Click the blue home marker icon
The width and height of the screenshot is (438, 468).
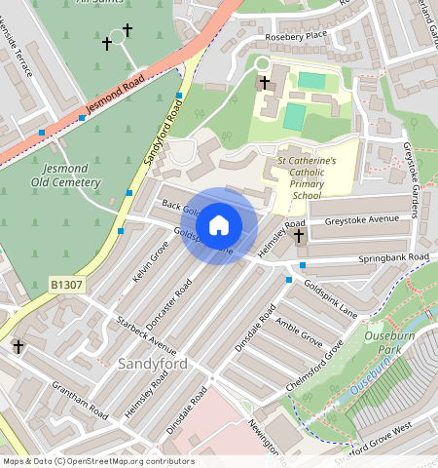(219, 225)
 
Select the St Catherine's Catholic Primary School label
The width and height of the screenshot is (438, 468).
(307, 176)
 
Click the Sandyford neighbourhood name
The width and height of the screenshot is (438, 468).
(152, 363)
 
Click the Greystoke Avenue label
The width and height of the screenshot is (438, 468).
(362, 220)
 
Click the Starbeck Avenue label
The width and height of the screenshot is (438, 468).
(146, 333)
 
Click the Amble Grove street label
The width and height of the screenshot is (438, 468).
(299, 331)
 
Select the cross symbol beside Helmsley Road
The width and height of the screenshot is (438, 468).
(299, 235)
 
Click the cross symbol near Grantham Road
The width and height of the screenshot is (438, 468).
(18, 346)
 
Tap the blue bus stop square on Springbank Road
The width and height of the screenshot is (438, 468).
(303, 265)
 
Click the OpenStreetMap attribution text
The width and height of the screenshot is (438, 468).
(97, 461)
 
